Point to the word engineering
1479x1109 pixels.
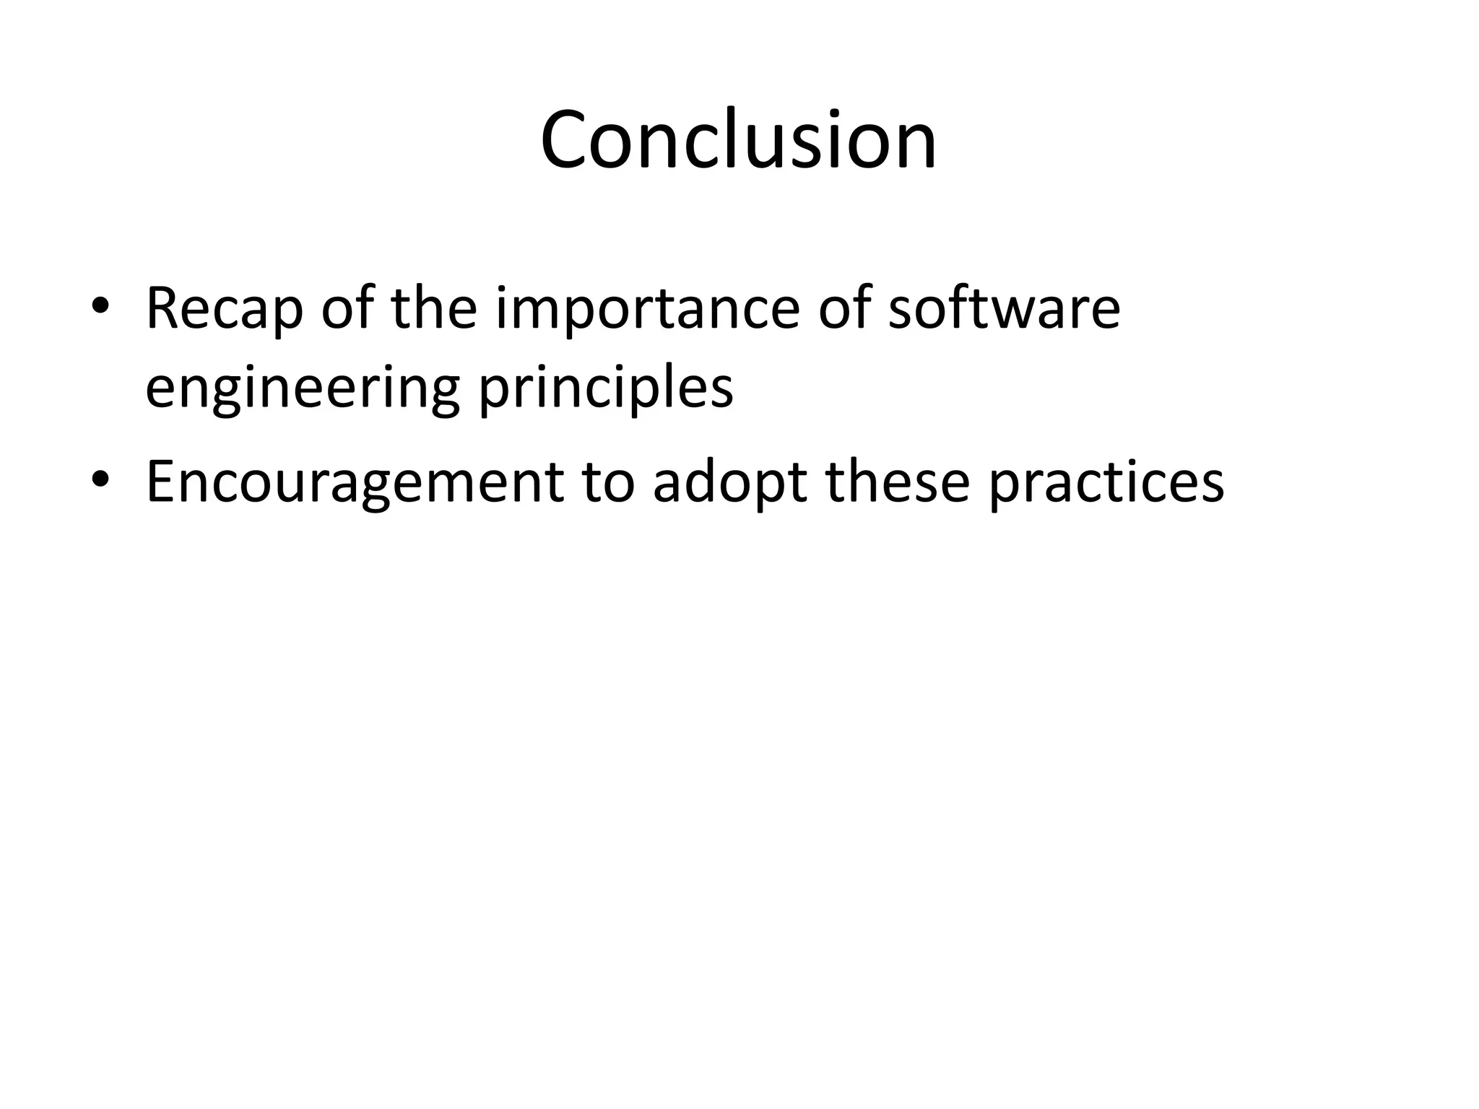(x=302, y=390)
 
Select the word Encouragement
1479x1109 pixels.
(x=355, y=482)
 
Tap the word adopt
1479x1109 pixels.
(x=729, y=482)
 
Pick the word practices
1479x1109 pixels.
(x=1106, y=482)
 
